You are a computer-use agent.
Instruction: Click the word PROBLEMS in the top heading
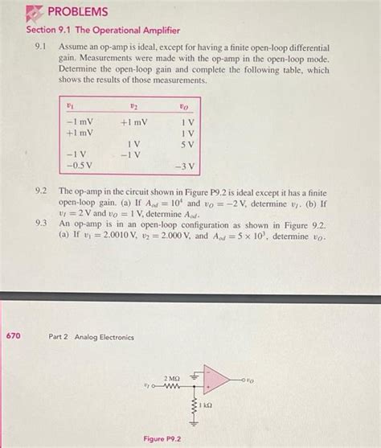pos(76,11)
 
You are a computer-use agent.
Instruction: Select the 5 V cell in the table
pos(188,144)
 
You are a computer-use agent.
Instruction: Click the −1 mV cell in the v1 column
pos(80,122)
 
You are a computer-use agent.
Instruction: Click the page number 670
pos(13,335)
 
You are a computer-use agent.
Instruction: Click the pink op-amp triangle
pos(216,380)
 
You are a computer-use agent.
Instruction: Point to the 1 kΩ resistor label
pos(207,405)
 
